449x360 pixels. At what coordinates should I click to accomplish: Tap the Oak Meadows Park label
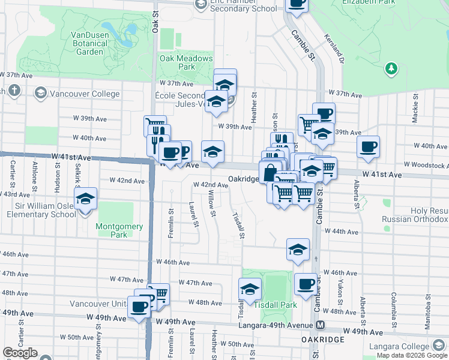[186, 62]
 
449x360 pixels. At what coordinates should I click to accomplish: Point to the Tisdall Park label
[276, 305]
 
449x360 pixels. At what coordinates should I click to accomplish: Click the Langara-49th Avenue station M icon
[321, 325]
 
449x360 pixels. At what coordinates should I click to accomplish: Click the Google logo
[20, 353]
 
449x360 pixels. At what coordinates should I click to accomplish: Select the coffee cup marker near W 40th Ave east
[368, 146]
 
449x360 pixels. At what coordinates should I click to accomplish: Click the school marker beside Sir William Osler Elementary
[86, 199]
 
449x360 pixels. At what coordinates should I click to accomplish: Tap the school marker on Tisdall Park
[250, 289]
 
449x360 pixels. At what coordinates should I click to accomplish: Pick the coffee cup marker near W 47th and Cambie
[306, 283]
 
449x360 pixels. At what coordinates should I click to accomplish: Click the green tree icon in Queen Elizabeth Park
[391, 68]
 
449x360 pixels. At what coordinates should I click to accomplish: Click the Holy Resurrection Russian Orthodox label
[415, 215]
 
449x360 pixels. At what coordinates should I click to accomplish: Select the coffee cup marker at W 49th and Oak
[139, 307]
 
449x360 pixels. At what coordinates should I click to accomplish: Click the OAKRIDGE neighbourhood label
[323, 340]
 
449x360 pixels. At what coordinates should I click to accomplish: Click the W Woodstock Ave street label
[426, 165]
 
